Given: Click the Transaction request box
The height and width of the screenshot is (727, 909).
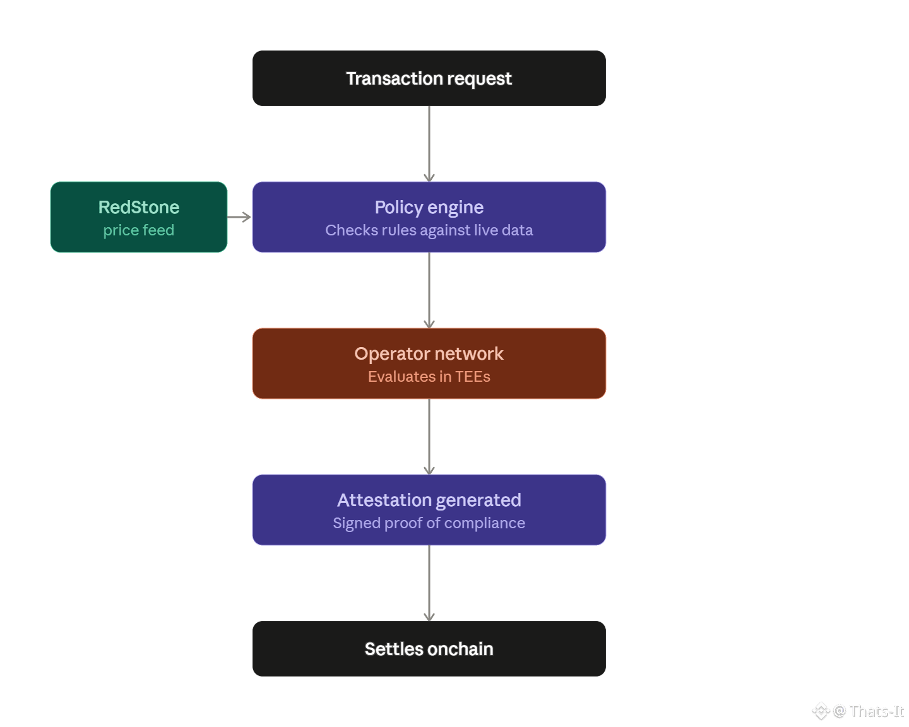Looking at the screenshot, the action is (429, 78).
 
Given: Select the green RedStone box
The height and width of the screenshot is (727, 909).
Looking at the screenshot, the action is (138, 217).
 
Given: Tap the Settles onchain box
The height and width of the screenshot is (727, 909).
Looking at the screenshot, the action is (429, 648).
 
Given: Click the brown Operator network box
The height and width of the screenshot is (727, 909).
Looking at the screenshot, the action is (429, 363).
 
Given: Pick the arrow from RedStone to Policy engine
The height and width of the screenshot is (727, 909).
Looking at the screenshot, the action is (239, 217).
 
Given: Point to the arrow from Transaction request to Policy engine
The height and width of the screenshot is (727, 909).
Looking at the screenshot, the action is (429, 144).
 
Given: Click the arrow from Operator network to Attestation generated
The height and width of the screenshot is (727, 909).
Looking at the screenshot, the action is (429, 437).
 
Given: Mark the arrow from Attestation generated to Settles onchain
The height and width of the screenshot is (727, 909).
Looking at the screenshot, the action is (429, 583).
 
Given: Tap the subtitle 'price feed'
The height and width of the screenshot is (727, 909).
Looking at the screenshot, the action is (138, 230).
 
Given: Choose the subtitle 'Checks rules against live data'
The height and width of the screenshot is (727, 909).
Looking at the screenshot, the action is (429, 230).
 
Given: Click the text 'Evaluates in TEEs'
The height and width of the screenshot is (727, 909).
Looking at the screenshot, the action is (429, 376).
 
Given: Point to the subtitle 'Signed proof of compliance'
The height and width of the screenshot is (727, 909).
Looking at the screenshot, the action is (429, 523).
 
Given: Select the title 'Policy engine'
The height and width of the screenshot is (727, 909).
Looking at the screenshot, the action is (429, 208).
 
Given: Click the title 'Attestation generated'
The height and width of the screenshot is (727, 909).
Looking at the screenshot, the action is (429, 500).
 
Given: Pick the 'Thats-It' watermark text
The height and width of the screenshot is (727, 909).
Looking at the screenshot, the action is (877, 711).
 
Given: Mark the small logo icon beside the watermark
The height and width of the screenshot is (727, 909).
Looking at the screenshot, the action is (821, 711).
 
